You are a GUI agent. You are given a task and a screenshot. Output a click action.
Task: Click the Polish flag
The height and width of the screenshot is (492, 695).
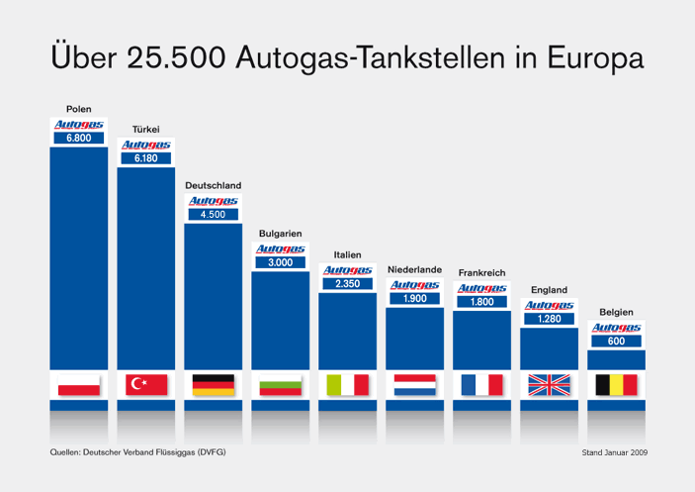[79, 385]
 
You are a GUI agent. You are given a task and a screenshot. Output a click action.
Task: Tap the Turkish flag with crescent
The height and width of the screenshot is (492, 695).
[146, 385]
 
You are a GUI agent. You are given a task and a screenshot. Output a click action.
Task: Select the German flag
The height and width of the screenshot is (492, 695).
[214, 385]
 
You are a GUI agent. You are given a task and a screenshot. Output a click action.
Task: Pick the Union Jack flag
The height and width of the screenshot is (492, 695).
[549, 385]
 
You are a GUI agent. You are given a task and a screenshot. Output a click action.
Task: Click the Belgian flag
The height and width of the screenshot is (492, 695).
[616, 385]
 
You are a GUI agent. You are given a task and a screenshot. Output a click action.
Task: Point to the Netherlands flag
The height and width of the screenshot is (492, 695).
[414, 385]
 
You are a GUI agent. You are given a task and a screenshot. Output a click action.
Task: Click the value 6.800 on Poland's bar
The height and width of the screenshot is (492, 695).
[79, 139]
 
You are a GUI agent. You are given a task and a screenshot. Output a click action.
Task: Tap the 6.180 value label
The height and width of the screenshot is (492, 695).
[146, 158]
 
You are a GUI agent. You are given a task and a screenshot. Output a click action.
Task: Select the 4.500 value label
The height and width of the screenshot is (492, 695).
[214, 214]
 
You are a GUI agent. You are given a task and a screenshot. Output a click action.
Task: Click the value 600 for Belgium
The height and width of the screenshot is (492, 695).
[616, 341]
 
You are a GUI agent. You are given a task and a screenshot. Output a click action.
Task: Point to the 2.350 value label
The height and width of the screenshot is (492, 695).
[347, 284]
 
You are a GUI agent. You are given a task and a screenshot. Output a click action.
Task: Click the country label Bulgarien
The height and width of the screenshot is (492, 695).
[280, 234]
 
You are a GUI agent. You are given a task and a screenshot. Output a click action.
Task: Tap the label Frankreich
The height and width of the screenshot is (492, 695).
[481, 272]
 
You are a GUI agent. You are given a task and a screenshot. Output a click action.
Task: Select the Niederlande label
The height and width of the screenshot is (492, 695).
[414, 269]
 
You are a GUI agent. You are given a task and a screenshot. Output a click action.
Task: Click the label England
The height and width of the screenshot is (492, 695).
[549, 290]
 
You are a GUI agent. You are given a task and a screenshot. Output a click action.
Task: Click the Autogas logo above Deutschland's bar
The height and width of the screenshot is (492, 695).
[214, 200]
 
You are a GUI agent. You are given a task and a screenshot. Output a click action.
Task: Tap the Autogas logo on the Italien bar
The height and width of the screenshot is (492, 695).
[347, 270]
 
